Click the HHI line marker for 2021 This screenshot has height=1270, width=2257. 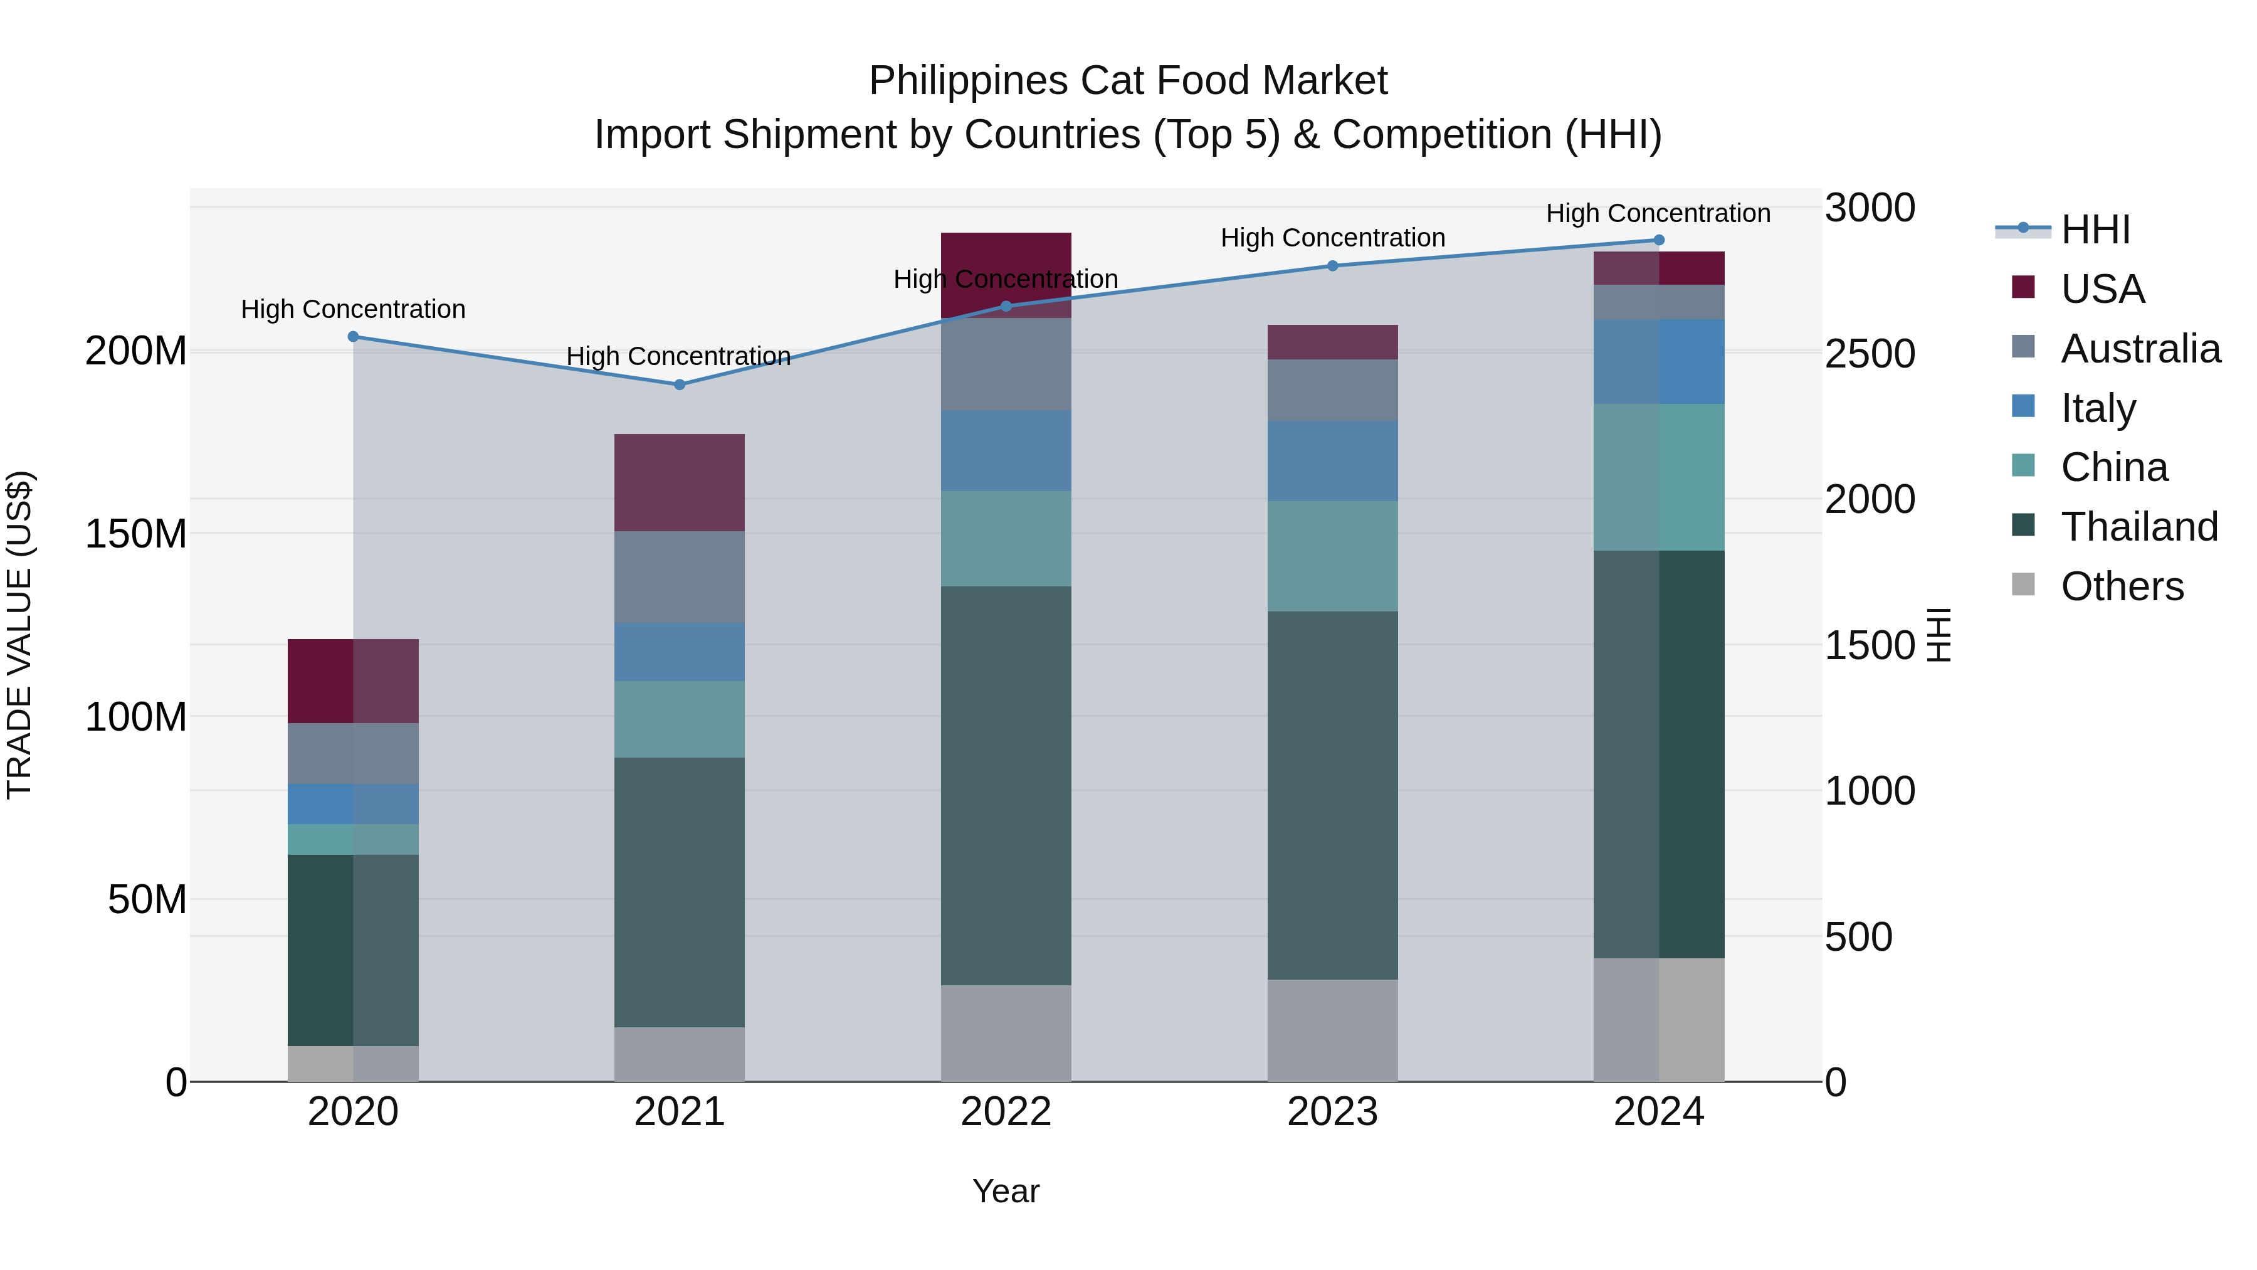pyautogui.click(x=679, y=385)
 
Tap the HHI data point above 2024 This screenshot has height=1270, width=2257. pyautogui.click(x=1658, y=240)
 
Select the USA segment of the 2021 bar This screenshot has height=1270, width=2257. pyautogui.click(x=679, y=482)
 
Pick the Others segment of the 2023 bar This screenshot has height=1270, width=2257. pyautogui.click(x=1333, y=1030)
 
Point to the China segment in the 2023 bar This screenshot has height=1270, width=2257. pyautogui.click(x=1333, y=556)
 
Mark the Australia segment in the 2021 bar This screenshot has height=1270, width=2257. pyautogui.click(x=679, y=577)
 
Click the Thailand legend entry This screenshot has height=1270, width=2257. pyautogui.click(x=2139, y=527)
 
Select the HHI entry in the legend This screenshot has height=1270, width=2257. pyautogui.click(x=2095, y=230)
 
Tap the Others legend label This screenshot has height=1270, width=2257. pyautogui.click(x=2121, y=586)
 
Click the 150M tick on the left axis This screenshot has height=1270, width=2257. pyautogui.click(x=136, y=533)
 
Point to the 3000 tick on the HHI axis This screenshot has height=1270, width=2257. pyautogui.click(x=1870, y=209)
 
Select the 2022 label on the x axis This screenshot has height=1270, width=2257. pyautogui.click(x=1006, y=1112)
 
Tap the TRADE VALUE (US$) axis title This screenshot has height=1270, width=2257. pyautogui.click(x=19, y=635)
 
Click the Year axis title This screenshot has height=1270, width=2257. pyautogui.click(x=1006, y=1191)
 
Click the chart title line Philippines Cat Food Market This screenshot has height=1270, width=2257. pyautogui.click(x=1128, y=81)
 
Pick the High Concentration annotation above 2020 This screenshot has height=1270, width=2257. pyautogui.click(x=353, y=309)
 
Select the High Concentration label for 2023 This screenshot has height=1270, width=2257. pyautogui.click(x=1333, y=238)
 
